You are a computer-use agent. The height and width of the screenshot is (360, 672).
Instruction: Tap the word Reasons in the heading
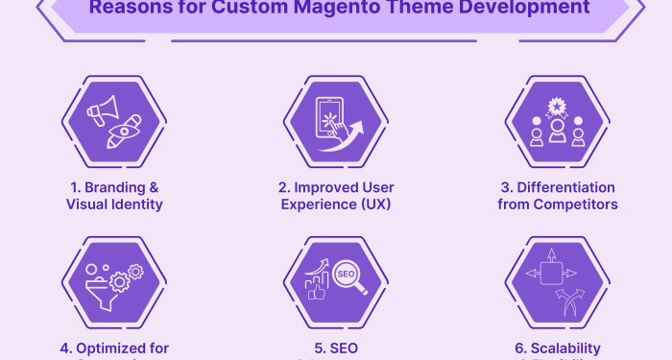pos(129,10)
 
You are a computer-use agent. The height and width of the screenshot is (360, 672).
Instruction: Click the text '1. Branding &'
pos(114,186)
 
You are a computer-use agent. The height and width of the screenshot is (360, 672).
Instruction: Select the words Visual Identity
pos(114,204)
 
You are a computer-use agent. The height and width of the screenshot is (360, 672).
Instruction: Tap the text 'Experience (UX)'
pos(335,204)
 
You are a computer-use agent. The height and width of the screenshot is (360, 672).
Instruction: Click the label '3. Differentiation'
pos(557,186)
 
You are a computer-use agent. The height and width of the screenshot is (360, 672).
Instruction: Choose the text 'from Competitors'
pos(557,204)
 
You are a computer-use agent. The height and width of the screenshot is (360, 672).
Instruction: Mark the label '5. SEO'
pos(335,348)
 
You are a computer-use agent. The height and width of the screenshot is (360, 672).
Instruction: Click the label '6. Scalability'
pos(557,348)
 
